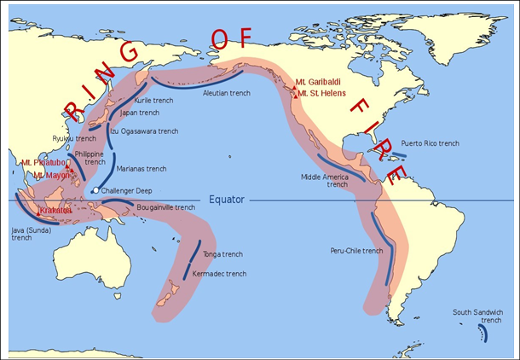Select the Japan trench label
click(139, 112)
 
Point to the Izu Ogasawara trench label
click(144, 131)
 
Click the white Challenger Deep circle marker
click(95, 190)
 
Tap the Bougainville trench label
click(165, 207)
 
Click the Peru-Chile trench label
click(356, 251)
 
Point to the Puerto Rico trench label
click(430, 142)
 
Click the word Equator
click(227, 200)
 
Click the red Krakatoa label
click(55, 210)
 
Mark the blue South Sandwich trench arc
click(483, 334)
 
